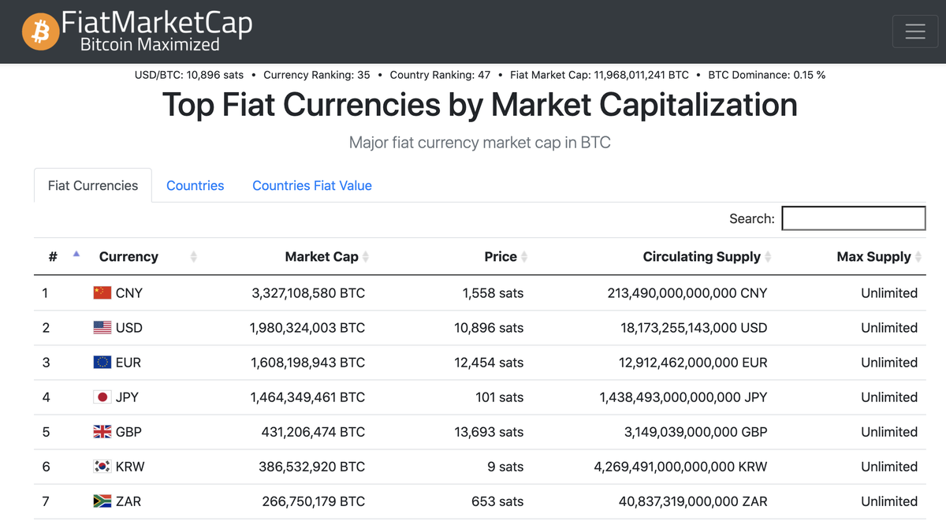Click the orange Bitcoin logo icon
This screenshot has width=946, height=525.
pyautogui.click(x=40, y=32)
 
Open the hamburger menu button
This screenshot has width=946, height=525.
pyautogui.click(x=914, y=32)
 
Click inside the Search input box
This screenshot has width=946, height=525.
pyautogui.click(x=853, y=218)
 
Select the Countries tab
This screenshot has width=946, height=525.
pyautogui.click(x=195, y=186)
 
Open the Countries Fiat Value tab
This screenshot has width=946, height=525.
pyautogui.click(x=311, y=186)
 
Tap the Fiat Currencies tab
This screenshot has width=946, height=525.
pyautogui.click(x=93, y=186)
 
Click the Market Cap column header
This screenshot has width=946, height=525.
pyautogui.click(x=322, y=257)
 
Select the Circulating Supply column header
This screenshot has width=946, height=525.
pyautogui.click(x=702, y=257)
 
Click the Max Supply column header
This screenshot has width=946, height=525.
pyautogui.click(x=873, y=257)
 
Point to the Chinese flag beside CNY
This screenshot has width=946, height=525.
pyautogui.click(x=102, y=293)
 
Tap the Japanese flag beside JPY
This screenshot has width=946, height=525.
pyautogui.click(x=102, y=397)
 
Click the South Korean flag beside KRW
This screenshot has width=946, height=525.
pyautogui.click(x=102, y=467)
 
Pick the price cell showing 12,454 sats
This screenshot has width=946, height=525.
pyautogui.click(x=489, y=363)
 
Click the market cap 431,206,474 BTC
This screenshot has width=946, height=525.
pyautogui.click(x=313, y=432)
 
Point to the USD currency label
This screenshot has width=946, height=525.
pyautogui.click(x=129, y=328)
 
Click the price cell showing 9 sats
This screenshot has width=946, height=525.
pyautogui.click(x=505, y=467)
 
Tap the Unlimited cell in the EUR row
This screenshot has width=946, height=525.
pyautogui.click(x=888, y=363)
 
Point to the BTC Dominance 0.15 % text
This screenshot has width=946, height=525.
pyautogui.click(x=766, y=75)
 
